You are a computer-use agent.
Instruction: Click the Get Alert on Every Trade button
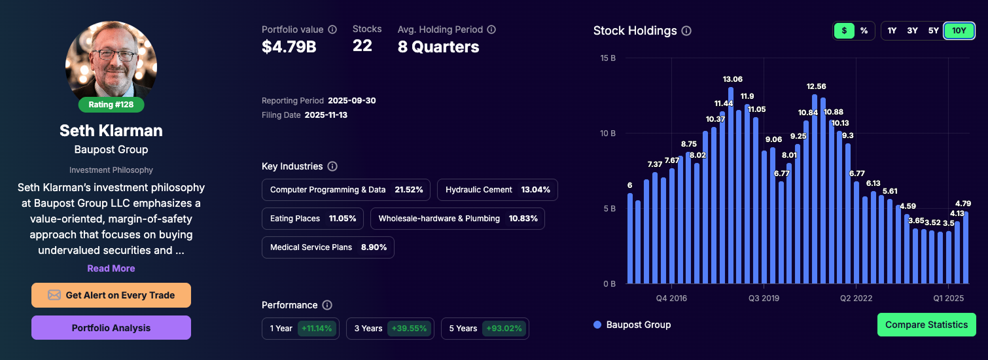pos(111,295)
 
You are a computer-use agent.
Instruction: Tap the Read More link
pos(111,268)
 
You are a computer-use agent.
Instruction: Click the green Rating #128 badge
pos(111,105)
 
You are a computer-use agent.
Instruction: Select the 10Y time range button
pos(959,31)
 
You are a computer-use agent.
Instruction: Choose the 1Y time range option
pos(892,31)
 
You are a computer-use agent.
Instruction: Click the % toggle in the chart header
pos(864,31)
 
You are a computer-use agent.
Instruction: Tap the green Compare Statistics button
pos(926,325)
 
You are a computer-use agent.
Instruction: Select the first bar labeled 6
pos(630,238)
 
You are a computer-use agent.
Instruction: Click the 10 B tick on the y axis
pos(609,134)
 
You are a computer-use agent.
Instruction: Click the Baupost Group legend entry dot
pos(597,325)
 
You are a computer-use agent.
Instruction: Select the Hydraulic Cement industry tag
pos(497,190)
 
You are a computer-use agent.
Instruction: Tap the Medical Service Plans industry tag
pos(328,247)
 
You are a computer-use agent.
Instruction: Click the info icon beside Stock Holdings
pos(686,31)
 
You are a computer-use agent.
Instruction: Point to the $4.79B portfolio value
pos(289,47)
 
